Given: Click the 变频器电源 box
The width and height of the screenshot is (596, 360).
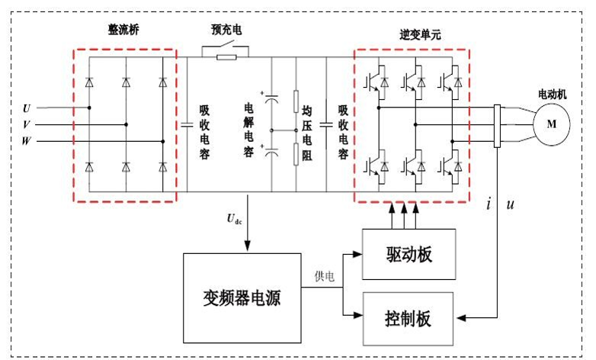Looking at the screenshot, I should (x=242, y=297).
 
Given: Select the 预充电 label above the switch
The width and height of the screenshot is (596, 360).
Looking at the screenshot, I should (x=226, y=31).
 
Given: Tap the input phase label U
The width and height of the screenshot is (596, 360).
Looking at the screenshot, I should (x=27, y=108).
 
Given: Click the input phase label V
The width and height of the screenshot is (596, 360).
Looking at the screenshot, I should (x=27, y=124).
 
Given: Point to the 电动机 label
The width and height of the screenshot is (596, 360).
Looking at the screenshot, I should (x=553, y=94).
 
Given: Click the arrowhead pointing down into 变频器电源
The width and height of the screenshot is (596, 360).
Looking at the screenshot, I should (x=247, y=245).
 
